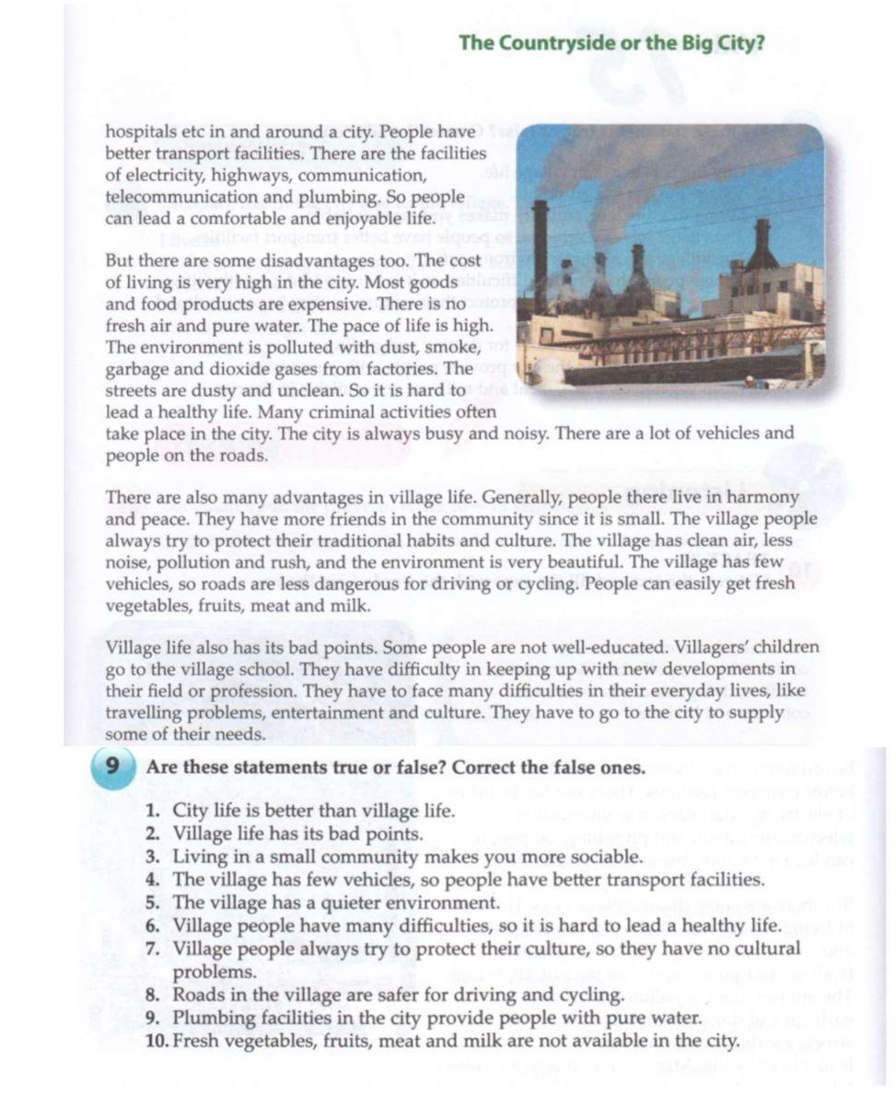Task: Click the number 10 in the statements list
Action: click(157, 1042)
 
